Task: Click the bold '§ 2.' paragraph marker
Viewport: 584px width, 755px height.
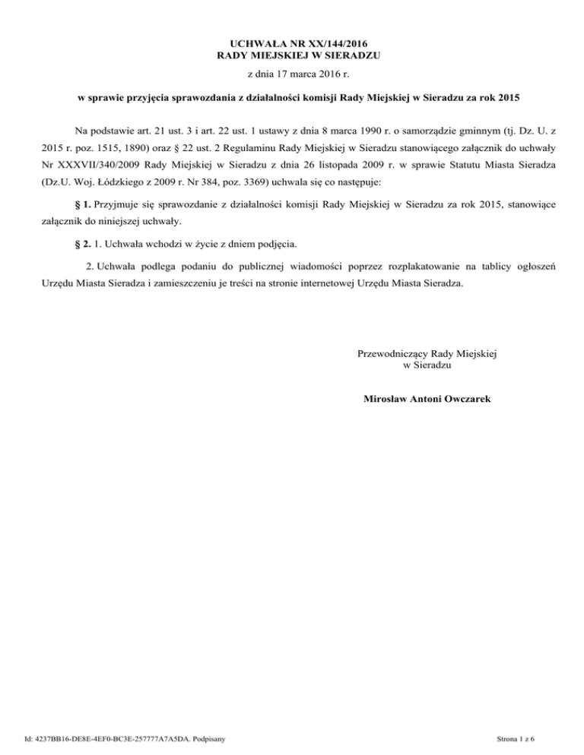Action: click(79, 245)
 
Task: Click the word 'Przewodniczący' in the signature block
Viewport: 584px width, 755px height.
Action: click(391, 353)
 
